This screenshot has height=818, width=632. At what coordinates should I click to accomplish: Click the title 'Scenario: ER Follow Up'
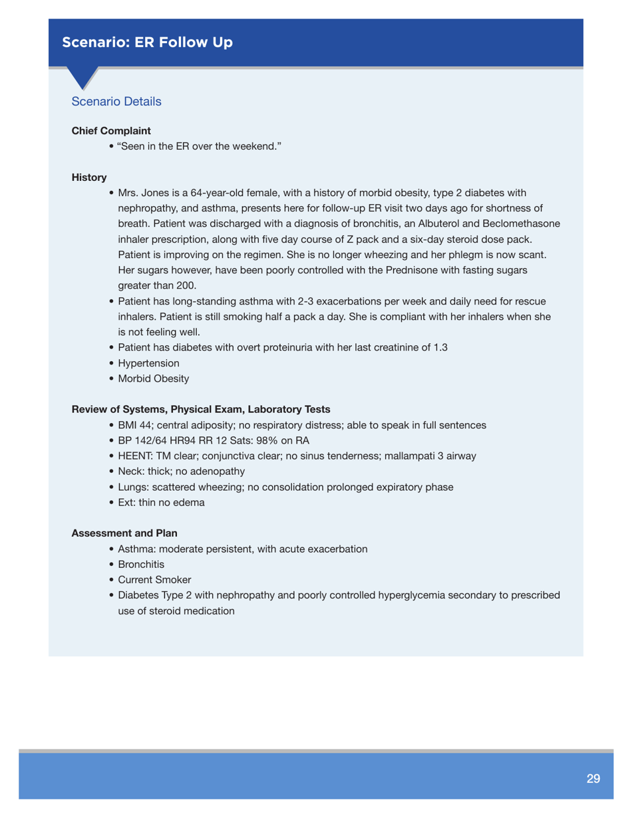click(x=148, y=43)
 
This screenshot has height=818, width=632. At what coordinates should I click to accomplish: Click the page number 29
click(x=593, y=778)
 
